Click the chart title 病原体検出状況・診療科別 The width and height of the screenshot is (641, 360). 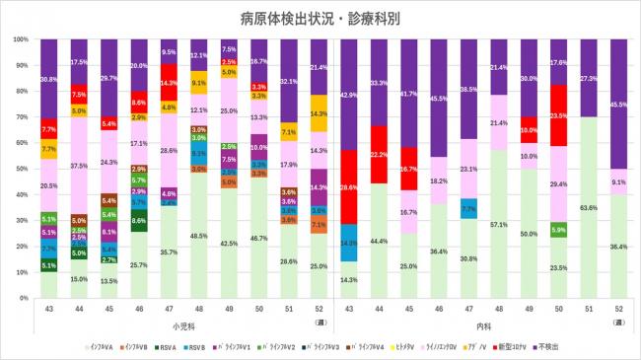coord(320,18)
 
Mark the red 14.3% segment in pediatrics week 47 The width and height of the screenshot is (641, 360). coord(169,83)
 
